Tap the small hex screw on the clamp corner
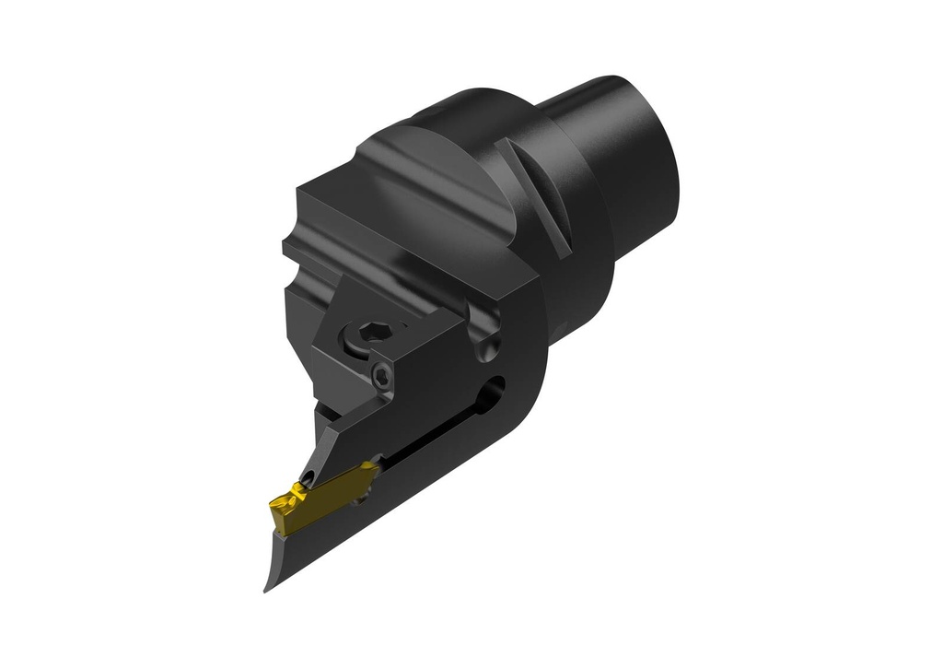point(383,373)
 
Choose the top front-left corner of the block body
point(297,192)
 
